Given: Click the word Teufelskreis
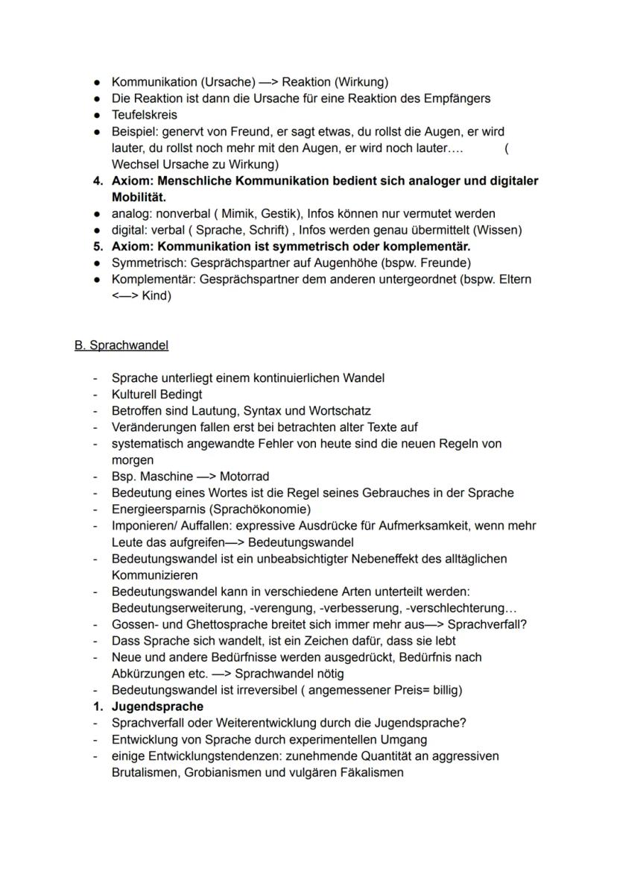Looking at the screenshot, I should tap(144, 115).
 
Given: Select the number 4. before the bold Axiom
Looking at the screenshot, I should tap(98, 181).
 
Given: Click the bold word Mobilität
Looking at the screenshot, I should tap(139, 197).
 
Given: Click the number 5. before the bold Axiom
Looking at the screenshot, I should tap(98, 246).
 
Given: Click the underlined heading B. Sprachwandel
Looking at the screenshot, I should tap(121, 345).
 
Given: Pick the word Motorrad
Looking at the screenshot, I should tap(244, 477).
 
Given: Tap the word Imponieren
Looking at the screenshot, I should tap(142, 526).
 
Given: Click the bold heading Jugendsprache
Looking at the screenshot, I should tap(157, 706).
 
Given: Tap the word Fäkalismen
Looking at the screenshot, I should tap(365, 772).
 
